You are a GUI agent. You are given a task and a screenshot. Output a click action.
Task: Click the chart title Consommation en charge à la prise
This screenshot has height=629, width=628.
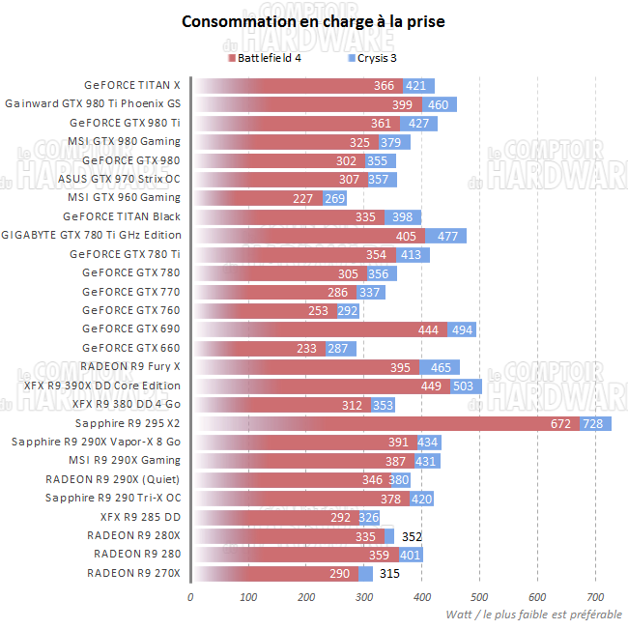point(313,21)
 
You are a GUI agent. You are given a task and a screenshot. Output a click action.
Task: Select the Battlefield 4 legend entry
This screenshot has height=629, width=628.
point(270,59)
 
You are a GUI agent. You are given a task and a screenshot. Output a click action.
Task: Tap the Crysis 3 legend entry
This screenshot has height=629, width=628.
point(376,59)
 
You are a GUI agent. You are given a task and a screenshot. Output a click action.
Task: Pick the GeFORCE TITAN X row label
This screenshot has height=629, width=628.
point(132,85)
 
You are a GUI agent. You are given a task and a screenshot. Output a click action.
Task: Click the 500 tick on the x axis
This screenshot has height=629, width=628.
point(479,596)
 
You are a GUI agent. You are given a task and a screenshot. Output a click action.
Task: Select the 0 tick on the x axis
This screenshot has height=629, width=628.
point(190,596)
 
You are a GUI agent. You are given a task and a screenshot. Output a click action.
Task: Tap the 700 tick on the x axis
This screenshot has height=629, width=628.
point(595,596)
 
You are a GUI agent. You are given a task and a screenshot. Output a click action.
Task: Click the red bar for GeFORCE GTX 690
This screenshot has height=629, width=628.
point(319,329)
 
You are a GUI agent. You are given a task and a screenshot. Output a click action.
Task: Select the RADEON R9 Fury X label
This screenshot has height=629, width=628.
point(130,366)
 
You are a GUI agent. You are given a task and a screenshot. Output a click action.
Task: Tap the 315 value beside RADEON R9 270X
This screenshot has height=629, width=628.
point(389,574)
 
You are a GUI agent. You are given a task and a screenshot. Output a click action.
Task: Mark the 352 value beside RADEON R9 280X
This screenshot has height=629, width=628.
point(413,536)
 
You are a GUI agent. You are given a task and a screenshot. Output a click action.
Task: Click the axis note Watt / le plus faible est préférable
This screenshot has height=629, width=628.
point(534,615)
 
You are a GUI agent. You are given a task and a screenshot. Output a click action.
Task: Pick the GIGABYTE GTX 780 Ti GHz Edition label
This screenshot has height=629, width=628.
point(91,235)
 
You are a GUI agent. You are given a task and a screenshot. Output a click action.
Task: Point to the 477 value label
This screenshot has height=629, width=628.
point(448,236)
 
